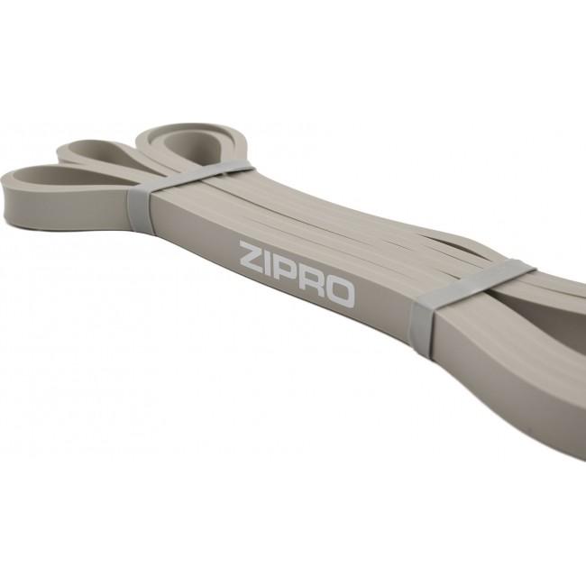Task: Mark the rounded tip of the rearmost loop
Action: tap(144, 135)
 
